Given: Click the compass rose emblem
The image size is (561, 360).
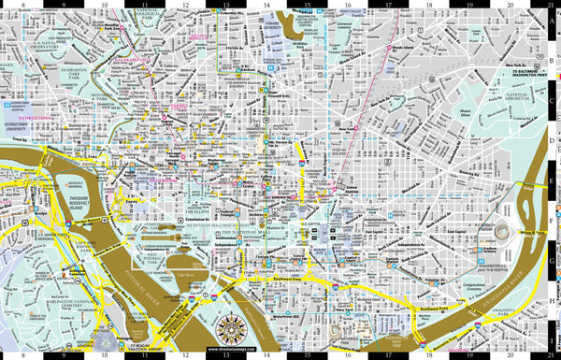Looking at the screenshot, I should pos(230,329).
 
